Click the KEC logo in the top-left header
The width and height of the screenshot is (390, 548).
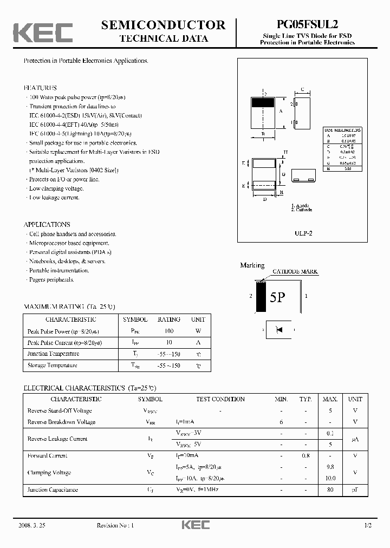[x=43, y=32]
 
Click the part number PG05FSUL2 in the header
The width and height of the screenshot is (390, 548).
[x=307, y=24]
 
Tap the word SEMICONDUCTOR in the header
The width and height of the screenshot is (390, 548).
[x=163, y=25]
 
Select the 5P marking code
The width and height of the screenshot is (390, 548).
[x=277, y=298]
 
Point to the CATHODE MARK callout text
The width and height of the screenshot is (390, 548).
[x=295, y=271]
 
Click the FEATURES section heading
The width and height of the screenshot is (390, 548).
[x=40, y=87]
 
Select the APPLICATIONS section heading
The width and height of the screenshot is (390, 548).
[x=47, y=224]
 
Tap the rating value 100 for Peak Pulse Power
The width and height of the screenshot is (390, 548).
[x=168, y=331]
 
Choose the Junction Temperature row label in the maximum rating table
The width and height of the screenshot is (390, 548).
[x=53, y=354]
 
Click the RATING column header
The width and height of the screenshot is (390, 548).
[x=168, y=319]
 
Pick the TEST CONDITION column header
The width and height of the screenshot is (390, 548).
[x=220, y=399]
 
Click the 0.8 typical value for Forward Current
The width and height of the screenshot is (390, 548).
[x=305, y=456]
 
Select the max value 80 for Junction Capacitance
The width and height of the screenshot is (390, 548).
[x=330, y=490]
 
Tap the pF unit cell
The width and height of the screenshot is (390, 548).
[x=355, y=490]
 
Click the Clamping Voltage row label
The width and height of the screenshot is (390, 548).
[x=49, y=473]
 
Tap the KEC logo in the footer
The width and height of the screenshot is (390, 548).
[x=195, y=525]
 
